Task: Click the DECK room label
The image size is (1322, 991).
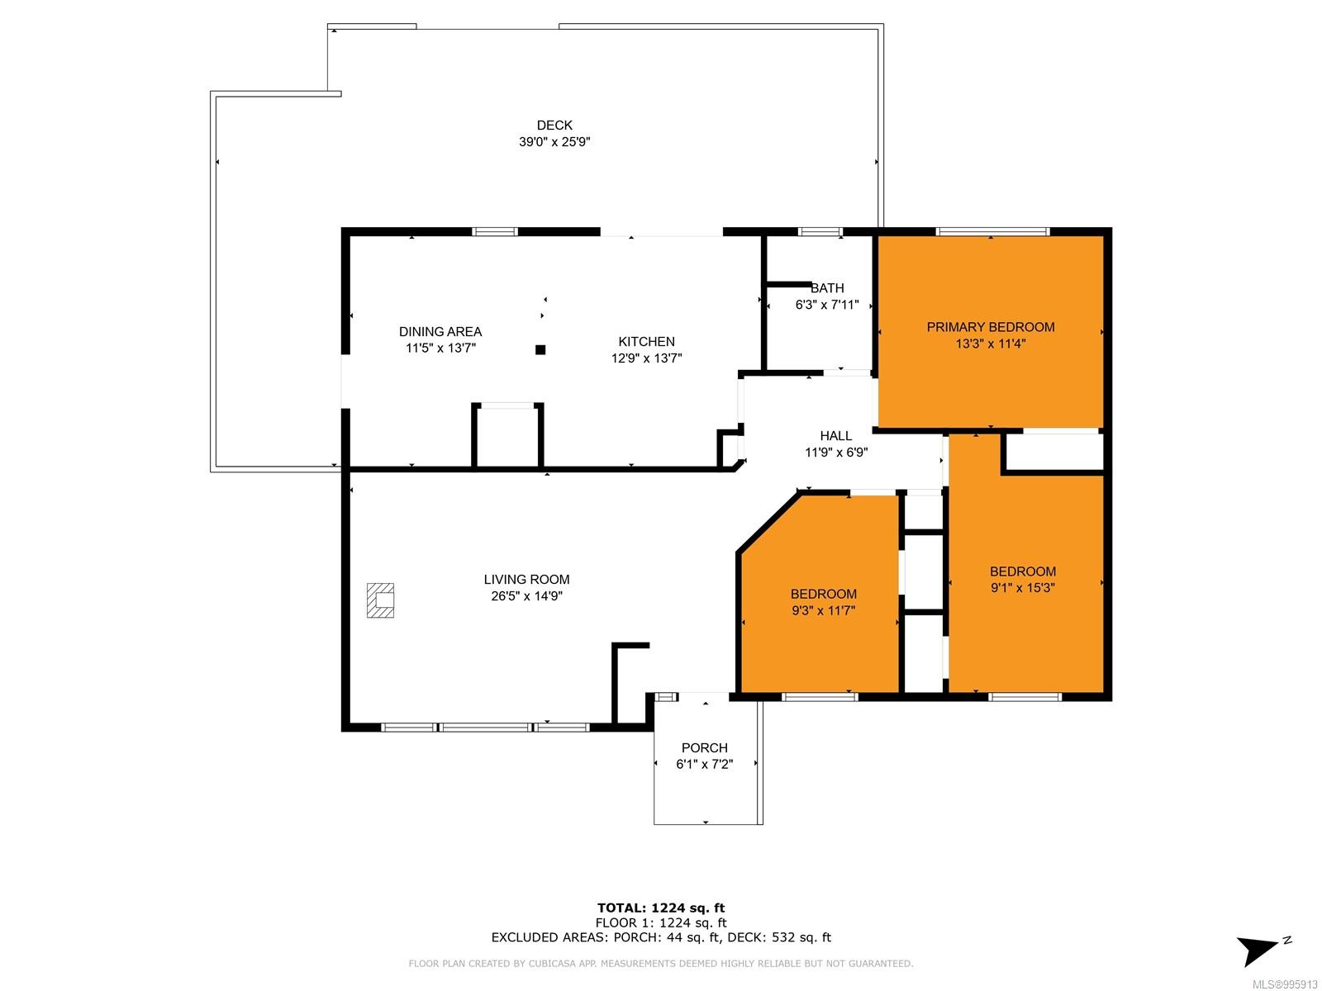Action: point(554,126)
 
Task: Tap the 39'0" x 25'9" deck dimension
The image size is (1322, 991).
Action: point(554,142)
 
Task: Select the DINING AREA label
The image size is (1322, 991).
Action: point(440,331)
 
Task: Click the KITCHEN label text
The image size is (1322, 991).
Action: point(645,342)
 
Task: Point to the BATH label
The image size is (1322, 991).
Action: point(826,288)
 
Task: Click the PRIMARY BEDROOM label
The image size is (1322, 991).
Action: point(990,327)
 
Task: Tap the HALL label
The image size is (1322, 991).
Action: point(835,436)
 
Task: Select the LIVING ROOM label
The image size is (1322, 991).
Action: point(525,580)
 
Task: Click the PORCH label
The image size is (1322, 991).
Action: point(704,748)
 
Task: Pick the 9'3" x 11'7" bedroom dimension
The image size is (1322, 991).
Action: point(823,611)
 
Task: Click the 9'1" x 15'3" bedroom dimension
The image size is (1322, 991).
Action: point(1022,588)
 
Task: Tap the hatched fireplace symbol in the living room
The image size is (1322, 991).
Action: point(380,600)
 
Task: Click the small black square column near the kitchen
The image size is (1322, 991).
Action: point(540,349)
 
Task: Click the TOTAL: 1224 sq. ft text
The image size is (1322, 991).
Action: point(661,908)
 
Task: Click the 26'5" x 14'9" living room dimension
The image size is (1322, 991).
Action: point(525,596)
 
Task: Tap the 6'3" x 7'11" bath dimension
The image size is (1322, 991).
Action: point(826,305)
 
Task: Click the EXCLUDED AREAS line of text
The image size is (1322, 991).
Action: point(661,937)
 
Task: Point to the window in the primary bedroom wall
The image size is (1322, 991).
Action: point(992,232)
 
